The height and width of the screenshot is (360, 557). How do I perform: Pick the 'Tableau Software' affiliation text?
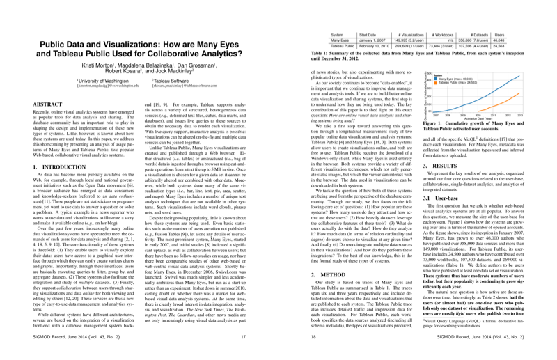click(x=175, y=100)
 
